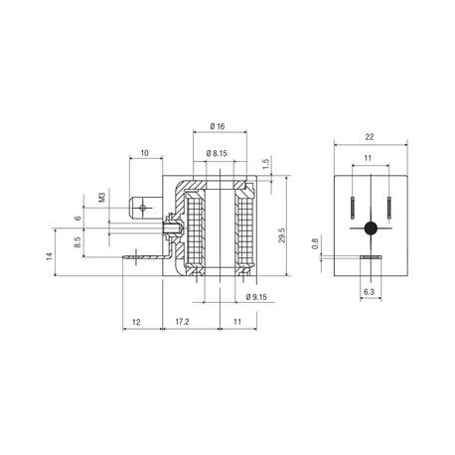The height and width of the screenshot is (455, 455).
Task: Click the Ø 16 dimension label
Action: [220, 128]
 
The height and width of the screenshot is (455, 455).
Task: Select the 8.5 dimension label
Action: [76, 240]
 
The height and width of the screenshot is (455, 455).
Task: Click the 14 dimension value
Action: [47, 256]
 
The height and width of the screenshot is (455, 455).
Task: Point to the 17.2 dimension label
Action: [182, 324]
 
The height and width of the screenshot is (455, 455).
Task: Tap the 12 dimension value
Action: [136, 324]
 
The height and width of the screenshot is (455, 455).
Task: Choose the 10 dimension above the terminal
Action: [145, 153]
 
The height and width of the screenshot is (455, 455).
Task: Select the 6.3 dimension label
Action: [371, 292]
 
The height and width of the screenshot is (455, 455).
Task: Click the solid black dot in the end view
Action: [371, 228]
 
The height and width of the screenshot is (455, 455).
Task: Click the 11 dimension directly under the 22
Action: [371, 158]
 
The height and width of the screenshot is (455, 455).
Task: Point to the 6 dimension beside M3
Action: [76, 219]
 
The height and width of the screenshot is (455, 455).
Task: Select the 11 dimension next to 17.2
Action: [237, 324]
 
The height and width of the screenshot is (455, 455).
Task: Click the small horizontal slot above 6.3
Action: [371, 259]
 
